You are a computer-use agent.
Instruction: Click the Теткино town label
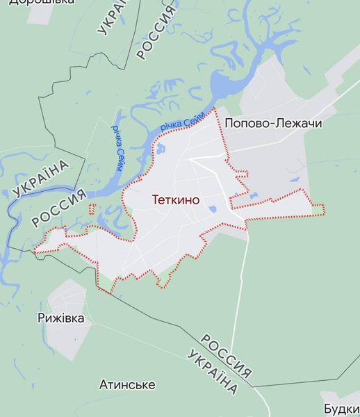point(176,200)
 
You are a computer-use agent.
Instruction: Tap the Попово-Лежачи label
point(273,123)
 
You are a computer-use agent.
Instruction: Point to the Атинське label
point(127,384)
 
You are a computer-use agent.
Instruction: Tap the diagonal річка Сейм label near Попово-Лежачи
point(182,120)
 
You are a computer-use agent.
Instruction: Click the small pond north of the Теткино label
point(161,149)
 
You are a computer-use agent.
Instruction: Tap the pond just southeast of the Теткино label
point(212,208)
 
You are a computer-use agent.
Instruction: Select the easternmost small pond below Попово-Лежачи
point(295,180)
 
